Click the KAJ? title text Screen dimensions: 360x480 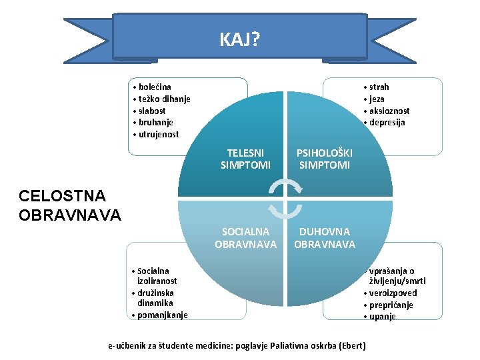[240, 41]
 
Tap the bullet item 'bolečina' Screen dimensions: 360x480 [154, 87]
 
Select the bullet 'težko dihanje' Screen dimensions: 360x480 [163, 99]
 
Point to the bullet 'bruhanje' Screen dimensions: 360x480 [157, 123]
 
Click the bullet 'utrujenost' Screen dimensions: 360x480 [158, 135]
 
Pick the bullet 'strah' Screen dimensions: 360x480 [379, 87]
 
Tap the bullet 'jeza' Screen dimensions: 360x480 [377, 99]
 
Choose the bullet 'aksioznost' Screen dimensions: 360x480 [389, 111]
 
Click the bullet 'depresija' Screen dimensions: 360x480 [387, 123]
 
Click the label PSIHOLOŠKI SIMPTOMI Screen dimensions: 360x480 [325, 159]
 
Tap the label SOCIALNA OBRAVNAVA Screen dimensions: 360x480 [245, 238]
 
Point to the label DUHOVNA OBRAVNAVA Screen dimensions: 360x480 [325, 238]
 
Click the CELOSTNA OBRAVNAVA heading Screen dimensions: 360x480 [70, 205]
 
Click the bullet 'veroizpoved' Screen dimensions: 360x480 [393, 293]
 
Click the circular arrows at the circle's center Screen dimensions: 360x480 [285, 198]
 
